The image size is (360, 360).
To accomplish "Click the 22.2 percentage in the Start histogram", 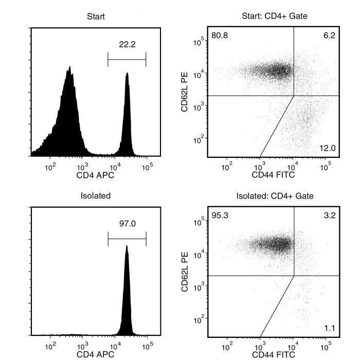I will point(127,45).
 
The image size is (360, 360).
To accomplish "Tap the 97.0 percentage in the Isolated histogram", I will point(127,224).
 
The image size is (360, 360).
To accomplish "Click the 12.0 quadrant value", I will point(328,149).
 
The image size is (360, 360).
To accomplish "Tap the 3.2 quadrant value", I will point(330,215).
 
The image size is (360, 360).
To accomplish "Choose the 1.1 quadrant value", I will point(330,328).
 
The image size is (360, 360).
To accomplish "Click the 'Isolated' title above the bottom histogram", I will point(96,196).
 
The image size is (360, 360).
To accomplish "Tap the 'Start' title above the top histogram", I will point(96,16).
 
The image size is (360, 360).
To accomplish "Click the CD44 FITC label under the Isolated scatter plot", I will point(274,354).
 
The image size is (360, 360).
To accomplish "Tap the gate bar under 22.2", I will point(127,59).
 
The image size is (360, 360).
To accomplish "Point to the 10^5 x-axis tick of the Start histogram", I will point(148,166).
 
